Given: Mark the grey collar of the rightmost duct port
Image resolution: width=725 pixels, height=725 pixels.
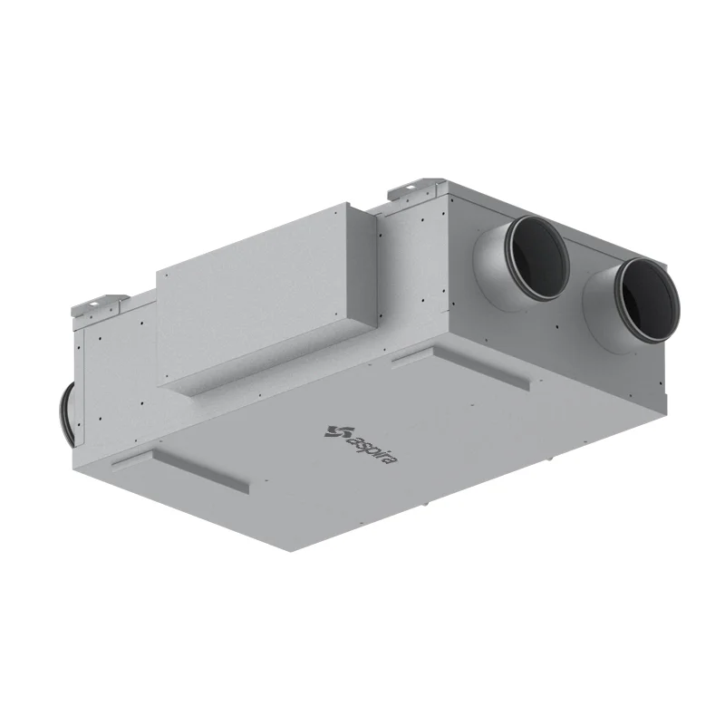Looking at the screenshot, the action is pos(600,314).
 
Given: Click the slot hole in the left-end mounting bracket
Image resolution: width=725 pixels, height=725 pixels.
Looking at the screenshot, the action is pos(94,304).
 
